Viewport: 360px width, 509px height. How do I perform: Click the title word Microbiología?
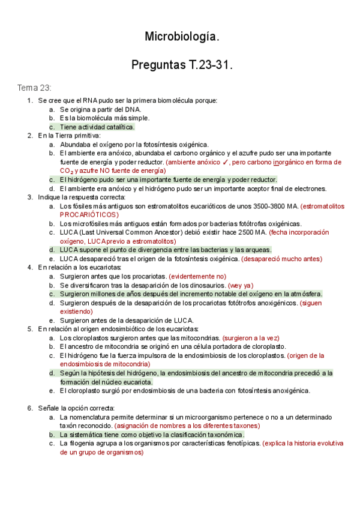pyautogui.click(x=182, y=37)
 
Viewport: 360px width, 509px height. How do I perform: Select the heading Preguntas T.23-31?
pyautogui.click(x=182, y=64)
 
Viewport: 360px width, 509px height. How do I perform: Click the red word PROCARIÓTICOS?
pyautogui.click(x=89, y=215)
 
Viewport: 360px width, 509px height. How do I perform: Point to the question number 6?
pyautogui.click(x=29, y=408)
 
